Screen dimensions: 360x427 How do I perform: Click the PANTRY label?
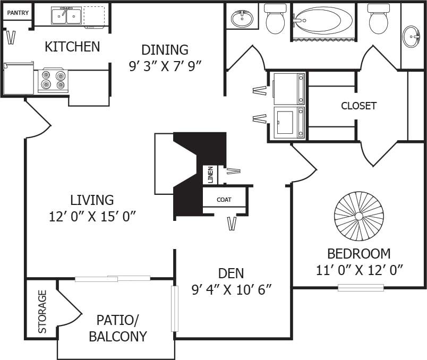pyautogui.click(x=18, y=13)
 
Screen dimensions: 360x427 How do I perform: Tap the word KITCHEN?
pyautogui.click(x=72, y=47)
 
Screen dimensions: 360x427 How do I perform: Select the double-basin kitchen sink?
pyautogui.click(x=66, y=16)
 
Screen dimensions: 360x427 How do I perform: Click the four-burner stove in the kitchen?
pyautogui.click(x=53, y=80)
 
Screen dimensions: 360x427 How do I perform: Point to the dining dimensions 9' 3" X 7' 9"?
pyautogui.click(x=165, y=66)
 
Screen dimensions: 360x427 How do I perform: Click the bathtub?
pyautogui.click(x=323, y=21)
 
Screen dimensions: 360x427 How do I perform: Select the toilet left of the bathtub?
pyautogui.click(x=275, y=19)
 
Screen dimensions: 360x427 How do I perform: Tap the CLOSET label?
pyautogui.click(x=358, y=106)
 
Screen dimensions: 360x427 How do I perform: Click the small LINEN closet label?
pyautogui.click(x=210, y=175)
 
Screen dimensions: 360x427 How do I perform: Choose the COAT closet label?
pyautogui.click(x=224, y=200)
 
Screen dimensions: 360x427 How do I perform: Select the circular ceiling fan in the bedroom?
pyautogui.click(x=359, y=216)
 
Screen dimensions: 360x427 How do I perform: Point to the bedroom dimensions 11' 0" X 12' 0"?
pyautogui.click(x=359, y=270)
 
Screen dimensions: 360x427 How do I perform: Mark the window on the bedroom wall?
pyautogui.click(x=361, y=288)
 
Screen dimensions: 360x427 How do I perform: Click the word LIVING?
pyautogui.click(x=92, y=200)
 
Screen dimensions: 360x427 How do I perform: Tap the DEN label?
pyautogui.click(x=231, y=273)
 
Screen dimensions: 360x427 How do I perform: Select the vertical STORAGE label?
pyautogui.click(x=42, y=311)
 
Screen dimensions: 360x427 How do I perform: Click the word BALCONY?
pyautogui.click(x=117, y=336)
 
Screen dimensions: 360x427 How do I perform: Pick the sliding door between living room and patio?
pyautogui.click(x=113, y=278)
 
